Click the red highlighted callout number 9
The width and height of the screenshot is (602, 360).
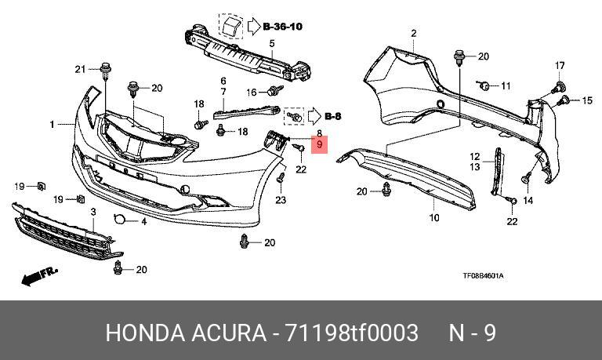point(320,145)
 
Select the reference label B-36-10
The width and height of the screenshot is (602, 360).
point(283,27)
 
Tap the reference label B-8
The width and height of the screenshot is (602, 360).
point(333,116)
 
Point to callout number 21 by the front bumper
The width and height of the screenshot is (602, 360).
point(80,69)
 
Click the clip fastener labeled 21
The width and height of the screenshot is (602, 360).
point(104,71)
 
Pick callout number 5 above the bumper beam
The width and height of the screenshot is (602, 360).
point(272,43)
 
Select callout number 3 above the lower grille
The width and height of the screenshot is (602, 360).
point(93,212)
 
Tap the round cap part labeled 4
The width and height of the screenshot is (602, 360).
point(119,219)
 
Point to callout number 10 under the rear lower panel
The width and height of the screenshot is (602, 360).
point(434,218)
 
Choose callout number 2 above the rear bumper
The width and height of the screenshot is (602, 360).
point(414,34)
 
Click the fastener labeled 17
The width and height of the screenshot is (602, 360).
point(558,87)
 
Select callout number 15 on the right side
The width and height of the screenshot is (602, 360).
point(587,100)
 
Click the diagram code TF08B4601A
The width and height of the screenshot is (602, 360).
point(483,276)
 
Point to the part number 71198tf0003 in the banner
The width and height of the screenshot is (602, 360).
point(350,333)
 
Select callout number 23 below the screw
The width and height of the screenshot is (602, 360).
point(281,200)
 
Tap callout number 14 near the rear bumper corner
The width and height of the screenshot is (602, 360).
point(528,200)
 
